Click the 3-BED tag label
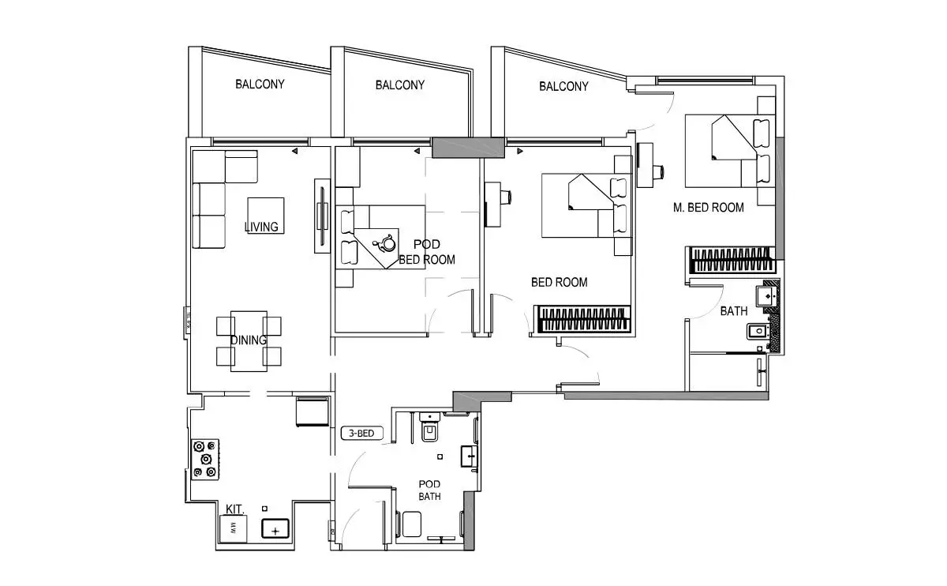362,434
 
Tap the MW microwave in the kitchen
233,528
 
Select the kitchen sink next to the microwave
275,529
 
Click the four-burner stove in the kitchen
205,460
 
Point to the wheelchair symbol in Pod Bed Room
386,243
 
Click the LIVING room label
261,227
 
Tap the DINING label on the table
249,340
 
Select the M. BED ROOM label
709,208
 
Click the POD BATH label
429,490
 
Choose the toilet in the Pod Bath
430,428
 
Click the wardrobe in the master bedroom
731,260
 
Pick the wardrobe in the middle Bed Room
582,319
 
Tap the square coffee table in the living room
265,216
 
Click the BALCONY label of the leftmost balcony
260,85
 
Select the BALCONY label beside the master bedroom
563,87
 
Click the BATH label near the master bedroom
734,311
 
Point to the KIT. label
234,509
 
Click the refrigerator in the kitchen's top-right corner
313,411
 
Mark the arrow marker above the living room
294,151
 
